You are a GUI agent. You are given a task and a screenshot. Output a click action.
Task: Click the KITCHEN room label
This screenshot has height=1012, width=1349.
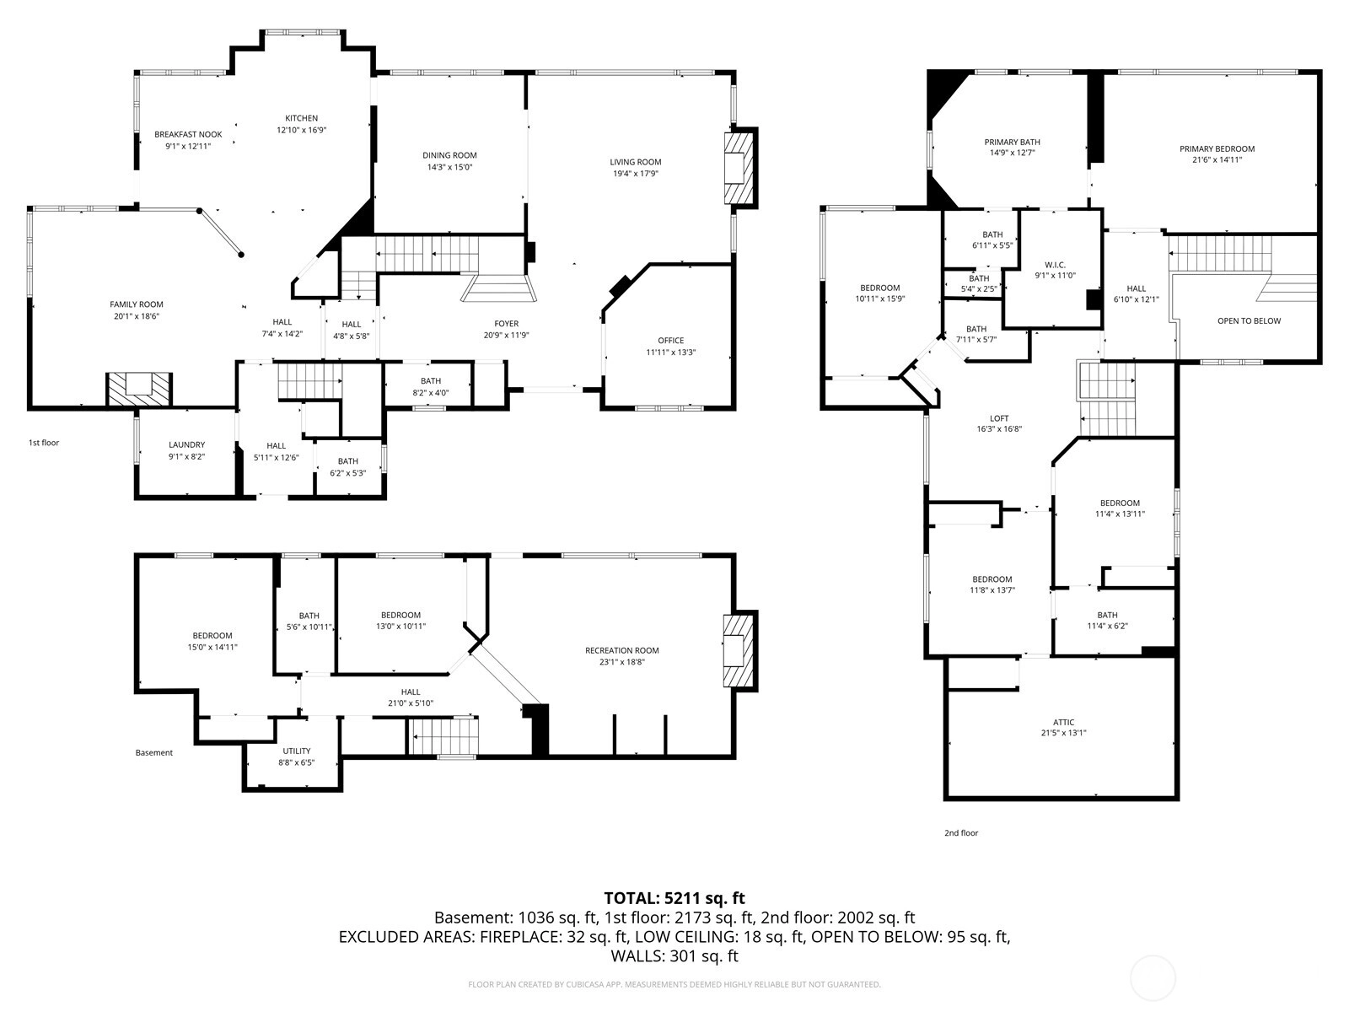tap(301, 118)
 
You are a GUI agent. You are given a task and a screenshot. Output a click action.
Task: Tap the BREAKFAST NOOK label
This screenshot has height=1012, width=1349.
tap(188, 134)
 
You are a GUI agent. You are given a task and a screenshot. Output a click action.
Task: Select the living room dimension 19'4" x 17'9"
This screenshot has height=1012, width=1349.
tap(636, 173)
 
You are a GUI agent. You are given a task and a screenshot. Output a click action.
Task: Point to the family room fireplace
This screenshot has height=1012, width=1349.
tap(139, 390)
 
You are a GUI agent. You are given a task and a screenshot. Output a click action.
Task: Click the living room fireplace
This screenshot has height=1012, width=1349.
tap(739, 168)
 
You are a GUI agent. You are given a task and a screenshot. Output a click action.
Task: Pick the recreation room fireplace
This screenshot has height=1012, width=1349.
tap(739, 651)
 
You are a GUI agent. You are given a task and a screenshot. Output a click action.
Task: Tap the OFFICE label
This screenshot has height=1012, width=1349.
tap(670, 340)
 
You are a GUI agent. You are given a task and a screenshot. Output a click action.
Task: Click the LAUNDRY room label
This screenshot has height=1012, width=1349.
tap(187, 444)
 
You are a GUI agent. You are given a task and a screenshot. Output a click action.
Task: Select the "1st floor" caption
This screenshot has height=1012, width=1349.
tap(44, 443)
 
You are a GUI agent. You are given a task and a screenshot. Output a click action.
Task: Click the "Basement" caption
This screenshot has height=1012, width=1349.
tap(153, 752)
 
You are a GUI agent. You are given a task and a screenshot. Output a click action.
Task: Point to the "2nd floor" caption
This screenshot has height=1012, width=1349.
tap(960, 832)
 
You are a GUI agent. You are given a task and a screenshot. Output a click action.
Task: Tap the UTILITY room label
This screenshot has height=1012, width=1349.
tap(296, 751)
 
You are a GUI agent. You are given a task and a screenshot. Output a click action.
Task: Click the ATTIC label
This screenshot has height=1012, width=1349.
tap(1063, 722)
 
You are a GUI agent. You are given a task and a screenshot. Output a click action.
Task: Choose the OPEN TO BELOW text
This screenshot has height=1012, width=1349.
tap(1249, 320)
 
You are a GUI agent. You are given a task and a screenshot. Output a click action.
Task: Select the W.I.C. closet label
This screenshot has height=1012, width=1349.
tap(1055, 265)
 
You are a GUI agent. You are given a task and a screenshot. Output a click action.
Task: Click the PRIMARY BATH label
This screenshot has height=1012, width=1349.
tap(1013, 142)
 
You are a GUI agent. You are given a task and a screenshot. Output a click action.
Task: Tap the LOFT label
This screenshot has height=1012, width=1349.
tap(999, 417)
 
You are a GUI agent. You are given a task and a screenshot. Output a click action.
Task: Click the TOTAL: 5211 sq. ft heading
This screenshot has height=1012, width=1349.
tap(674, 897)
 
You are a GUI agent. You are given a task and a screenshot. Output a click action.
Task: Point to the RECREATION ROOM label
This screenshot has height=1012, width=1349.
tap(622, 650)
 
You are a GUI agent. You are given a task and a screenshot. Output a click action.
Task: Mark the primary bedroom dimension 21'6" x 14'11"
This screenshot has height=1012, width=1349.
tap(1217, 159)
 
